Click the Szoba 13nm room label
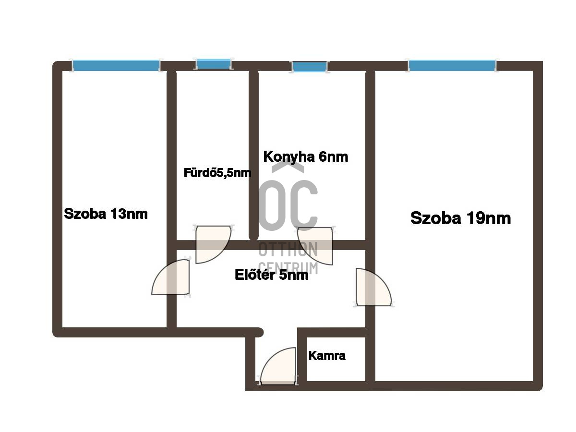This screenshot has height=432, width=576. (106, 214)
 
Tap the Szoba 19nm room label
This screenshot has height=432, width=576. (460, 218)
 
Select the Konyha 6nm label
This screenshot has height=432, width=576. (305, 157)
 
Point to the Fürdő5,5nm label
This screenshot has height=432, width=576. (217, 173)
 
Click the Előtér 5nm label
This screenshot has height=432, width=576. (271, 275)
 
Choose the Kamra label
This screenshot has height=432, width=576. (327, 356)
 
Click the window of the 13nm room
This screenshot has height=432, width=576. (116, 65)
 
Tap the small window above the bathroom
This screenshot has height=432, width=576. (214, 64)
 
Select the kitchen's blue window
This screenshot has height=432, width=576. (309, 67)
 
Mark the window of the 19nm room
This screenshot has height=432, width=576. (452, 65)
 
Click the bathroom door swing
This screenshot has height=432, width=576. (213, 244)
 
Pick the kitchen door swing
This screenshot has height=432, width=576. (315, 246)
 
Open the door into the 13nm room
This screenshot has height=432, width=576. (170, 277)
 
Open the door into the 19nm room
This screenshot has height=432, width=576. (373, 287)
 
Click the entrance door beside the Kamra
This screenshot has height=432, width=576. (278, 366)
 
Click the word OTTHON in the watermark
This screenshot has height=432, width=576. (288, 249)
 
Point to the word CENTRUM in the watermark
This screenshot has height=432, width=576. (288, 267)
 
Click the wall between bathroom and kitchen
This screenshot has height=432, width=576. (253, 155)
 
